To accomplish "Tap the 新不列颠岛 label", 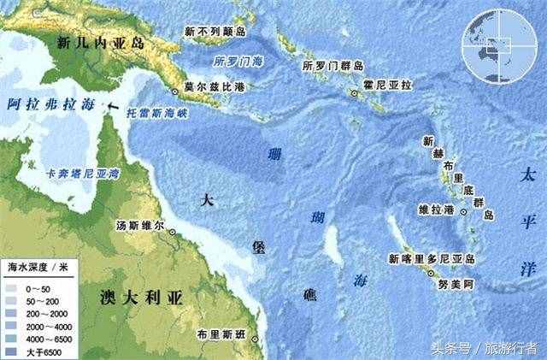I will pos(215,31).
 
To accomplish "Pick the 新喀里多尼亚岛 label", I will pos(432,257).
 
